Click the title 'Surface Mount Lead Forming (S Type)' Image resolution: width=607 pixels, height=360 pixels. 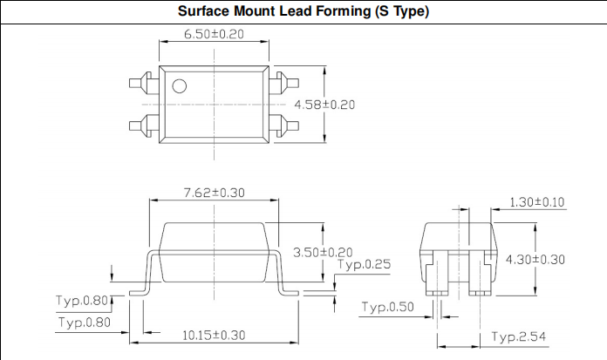pos(303,12)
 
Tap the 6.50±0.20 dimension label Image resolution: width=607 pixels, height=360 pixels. pos(214,34)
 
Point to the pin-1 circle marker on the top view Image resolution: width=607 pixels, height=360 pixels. pos(179,85)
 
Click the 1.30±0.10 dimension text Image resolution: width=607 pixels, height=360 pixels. pos(537,202)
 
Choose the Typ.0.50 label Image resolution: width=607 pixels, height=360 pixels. pos(390,307)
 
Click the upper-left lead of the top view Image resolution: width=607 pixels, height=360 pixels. pos(142,85)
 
